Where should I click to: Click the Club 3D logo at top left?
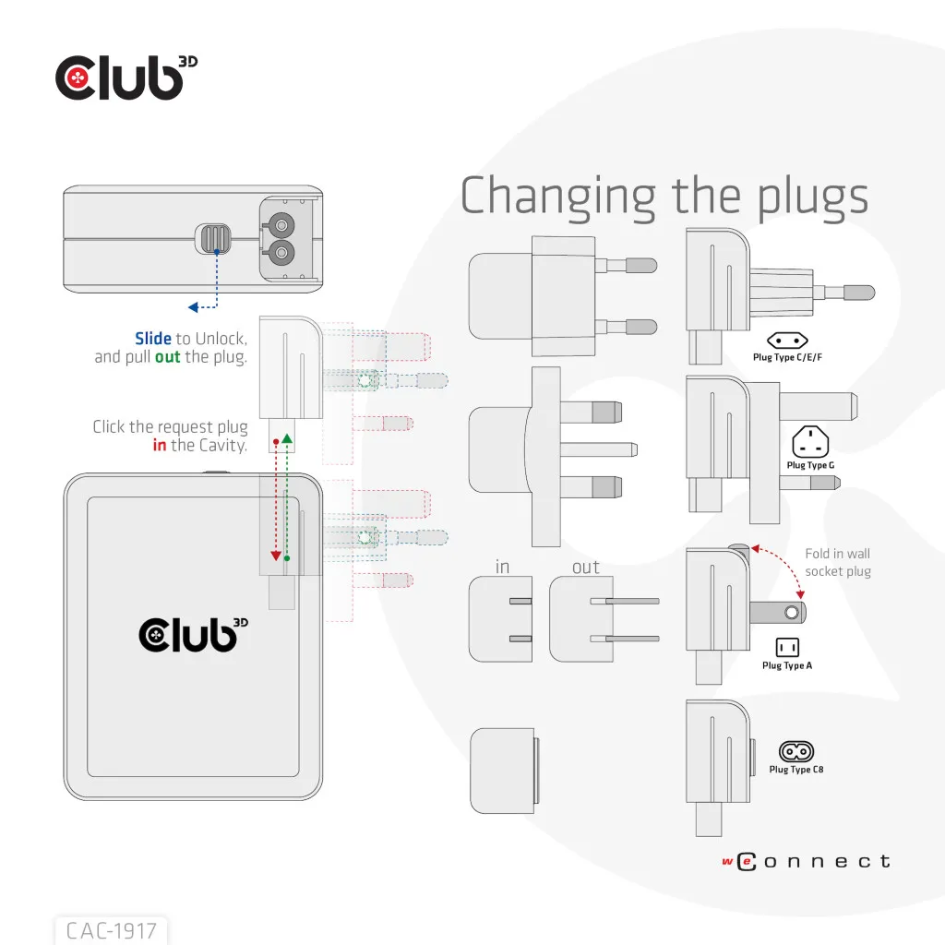[x=126, y=78]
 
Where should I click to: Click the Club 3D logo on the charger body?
[x=193, y=635]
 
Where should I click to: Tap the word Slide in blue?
[x=153, y=338]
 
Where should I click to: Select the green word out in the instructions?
[x=168, y=357]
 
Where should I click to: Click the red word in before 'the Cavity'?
[x=159, y=445]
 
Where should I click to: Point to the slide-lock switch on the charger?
[x=213, y=239]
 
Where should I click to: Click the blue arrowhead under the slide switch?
[x=193, y=307]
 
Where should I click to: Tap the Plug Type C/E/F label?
[x=787, y=357]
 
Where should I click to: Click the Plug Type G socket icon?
[x=810, y=442]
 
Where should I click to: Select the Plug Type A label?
[x=787, y=665]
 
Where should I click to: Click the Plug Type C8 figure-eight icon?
[x=796, y=751]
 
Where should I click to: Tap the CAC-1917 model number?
[x=112, y=930]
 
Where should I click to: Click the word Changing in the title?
[x=558, y=197]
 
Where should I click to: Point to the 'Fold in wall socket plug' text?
[x=838, y=562]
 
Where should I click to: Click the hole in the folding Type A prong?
[x=792, y=613]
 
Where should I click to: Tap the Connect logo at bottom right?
[x=807, y=861]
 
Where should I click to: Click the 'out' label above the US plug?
[x=586, y=568]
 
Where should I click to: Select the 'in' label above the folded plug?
[x=502, y=567]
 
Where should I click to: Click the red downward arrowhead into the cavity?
[x=276, y=556]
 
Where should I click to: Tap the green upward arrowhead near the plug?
[x=288, y=438]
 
